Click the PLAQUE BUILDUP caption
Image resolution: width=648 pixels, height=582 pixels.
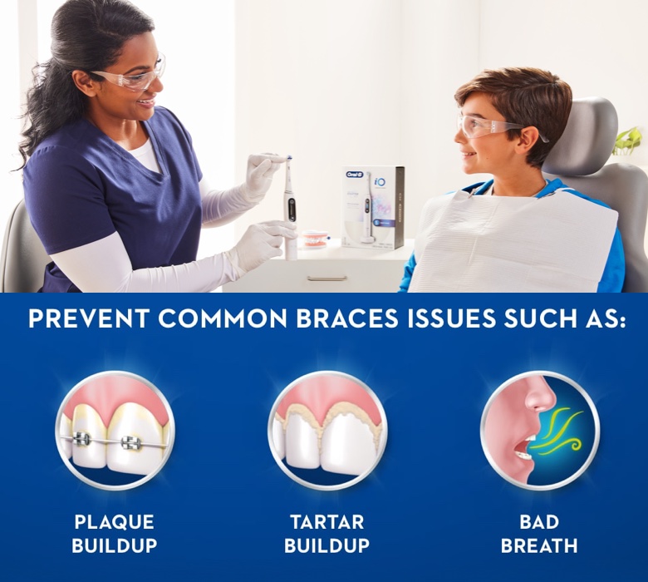click(x=114, y=534)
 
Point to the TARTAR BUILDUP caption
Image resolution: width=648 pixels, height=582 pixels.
click(x=326, y=534)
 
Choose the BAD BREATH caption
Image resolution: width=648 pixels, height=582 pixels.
click(x=539, y=534)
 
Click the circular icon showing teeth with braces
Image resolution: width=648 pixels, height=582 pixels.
click(x=115, y=430)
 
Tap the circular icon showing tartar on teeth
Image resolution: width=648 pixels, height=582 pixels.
click(x=327, y=430)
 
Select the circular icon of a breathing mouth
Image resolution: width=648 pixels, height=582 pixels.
click(x=539, y=430)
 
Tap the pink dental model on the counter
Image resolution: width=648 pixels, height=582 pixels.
click(x=314, y=239)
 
